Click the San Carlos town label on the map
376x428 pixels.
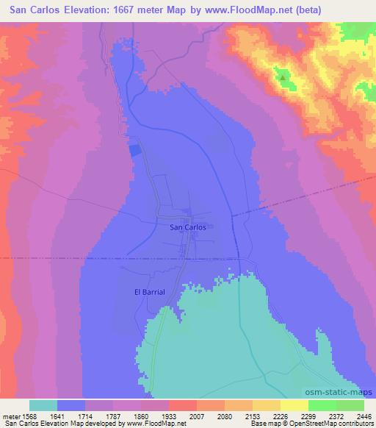187,228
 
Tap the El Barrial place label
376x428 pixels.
148,291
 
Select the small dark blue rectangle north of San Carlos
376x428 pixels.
134,150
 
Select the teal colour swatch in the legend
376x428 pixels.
43,405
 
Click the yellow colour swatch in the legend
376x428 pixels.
294,405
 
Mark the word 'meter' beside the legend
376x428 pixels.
10,415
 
